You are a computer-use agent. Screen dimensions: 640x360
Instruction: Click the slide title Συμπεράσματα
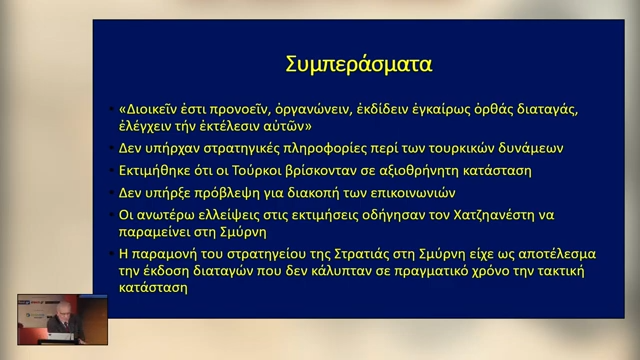tap(358, 64)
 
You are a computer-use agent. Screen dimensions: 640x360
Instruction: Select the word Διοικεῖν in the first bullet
tap(148, 109)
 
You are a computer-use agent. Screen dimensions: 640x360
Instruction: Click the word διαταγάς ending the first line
tap(547, 110)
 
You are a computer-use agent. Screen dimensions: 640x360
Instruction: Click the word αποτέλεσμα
tap(557, 254)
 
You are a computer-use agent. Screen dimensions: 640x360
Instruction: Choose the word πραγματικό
tap(431, 271)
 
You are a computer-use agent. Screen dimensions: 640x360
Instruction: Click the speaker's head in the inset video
tap(63, 309)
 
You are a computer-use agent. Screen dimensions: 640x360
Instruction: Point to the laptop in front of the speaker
tap(60, 336)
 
